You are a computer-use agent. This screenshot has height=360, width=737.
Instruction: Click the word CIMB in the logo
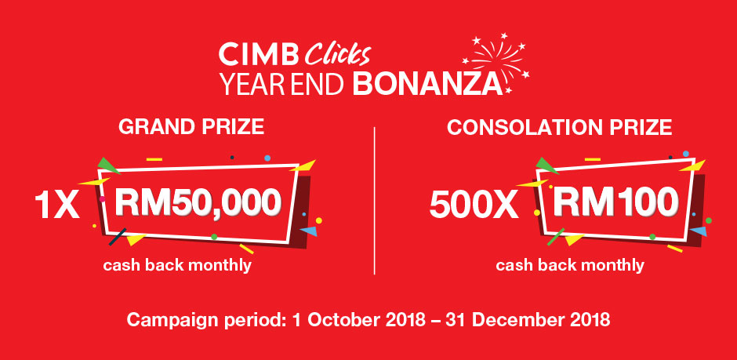coord(258,55)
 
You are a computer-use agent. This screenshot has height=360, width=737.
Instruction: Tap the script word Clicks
coord(337,55)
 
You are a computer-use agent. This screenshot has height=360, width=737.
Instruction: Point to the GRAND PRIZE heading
coord(191,127)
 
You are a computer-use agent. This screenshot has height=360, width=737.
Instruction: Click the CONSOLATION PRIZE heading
coord(559,127)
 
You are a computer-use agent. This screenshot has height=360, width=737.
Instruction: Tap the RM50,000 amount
coord(198,203)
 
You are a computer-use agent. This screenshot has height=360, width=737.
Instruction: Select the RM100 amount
coord(615,202)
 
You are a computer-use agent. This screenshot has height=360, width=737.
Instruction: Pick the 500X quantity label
coord(474,205)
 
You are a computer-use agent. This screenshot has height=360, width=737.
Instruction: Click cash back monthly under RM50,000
coord(178,266)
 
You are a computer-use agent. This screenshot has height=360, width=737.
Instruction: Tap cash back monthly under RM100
coord(570,266)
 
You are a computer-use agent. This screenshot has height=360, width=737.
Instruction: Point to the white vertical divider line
coord(375,200)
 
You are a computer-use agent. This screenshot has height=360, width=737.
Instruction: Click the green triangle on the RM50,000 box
coord(107,165)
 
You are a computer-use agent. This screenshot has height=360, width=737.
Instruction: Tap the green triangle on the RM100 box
coord(546,165)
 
